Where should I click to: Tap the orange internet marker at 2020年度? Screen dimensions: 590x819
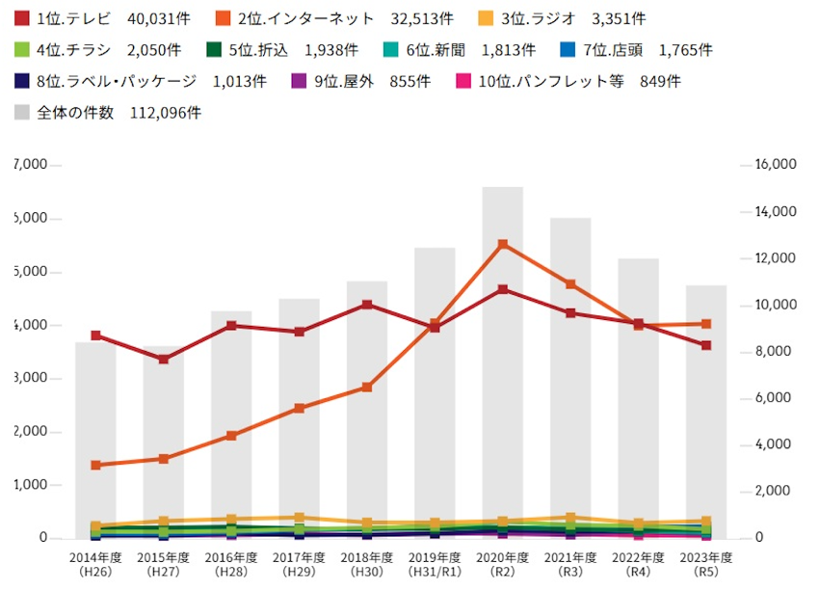click(502, 245)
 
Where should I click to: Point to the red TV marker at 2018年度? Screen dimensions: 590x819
click(367, 305)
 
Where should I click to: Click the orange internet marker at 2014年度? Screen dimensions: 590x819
click(95, 465)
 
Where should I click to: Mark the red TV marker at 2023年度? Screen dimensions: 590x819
click(706, 345)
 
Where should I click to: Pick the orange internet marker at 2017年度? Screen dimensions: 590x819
click(299, 408)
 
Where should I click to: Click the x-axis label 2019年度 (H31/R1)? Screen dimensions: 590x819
click(435, 564)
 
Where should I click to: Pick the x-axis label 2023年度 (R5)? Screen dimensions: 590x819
click(706, 564)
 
